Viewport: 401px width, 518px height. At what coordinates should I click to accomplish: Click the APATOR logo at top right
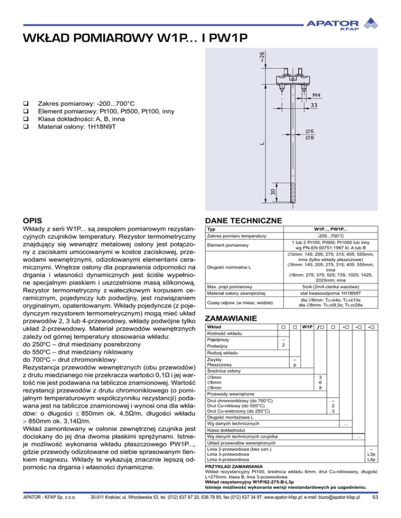(344, 24)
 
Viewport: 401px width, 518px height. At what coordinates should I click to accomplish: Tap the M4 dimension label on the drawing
(316, 95)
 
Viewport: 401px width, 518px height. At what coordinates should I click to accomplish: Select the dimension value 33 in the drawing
(314, 105)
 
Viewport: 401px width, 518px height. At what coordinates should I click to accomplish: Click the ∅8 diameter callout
(309, 138)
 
